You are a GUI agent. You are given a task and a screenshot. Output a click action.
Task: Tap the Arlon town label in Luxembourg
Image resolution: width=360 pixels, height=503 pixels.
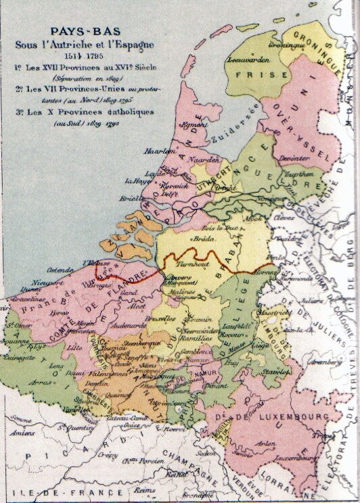(x=266, y=444)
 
